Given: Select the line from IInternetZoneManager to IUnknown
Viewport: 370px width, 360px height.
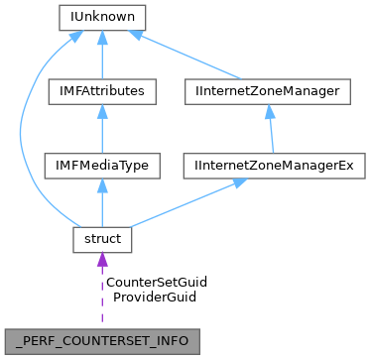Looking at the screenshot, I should coord(198,58).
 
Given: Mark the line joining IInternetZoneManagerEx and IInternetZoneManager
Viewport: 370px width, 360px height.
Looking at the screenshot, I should coord(270,134).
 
